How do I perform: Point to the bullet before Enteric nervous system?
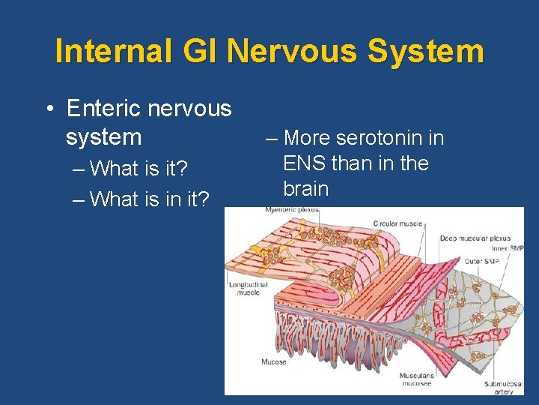pos(47,109)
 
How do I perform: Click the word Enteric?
pos(104,109)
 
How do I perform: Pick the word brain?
pos(305,188)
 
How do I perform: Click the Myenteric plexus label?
pos(292,211)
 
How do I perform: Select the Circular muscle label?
pos(398,223)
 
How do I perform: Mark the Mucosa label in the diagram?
pos(273,361)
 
